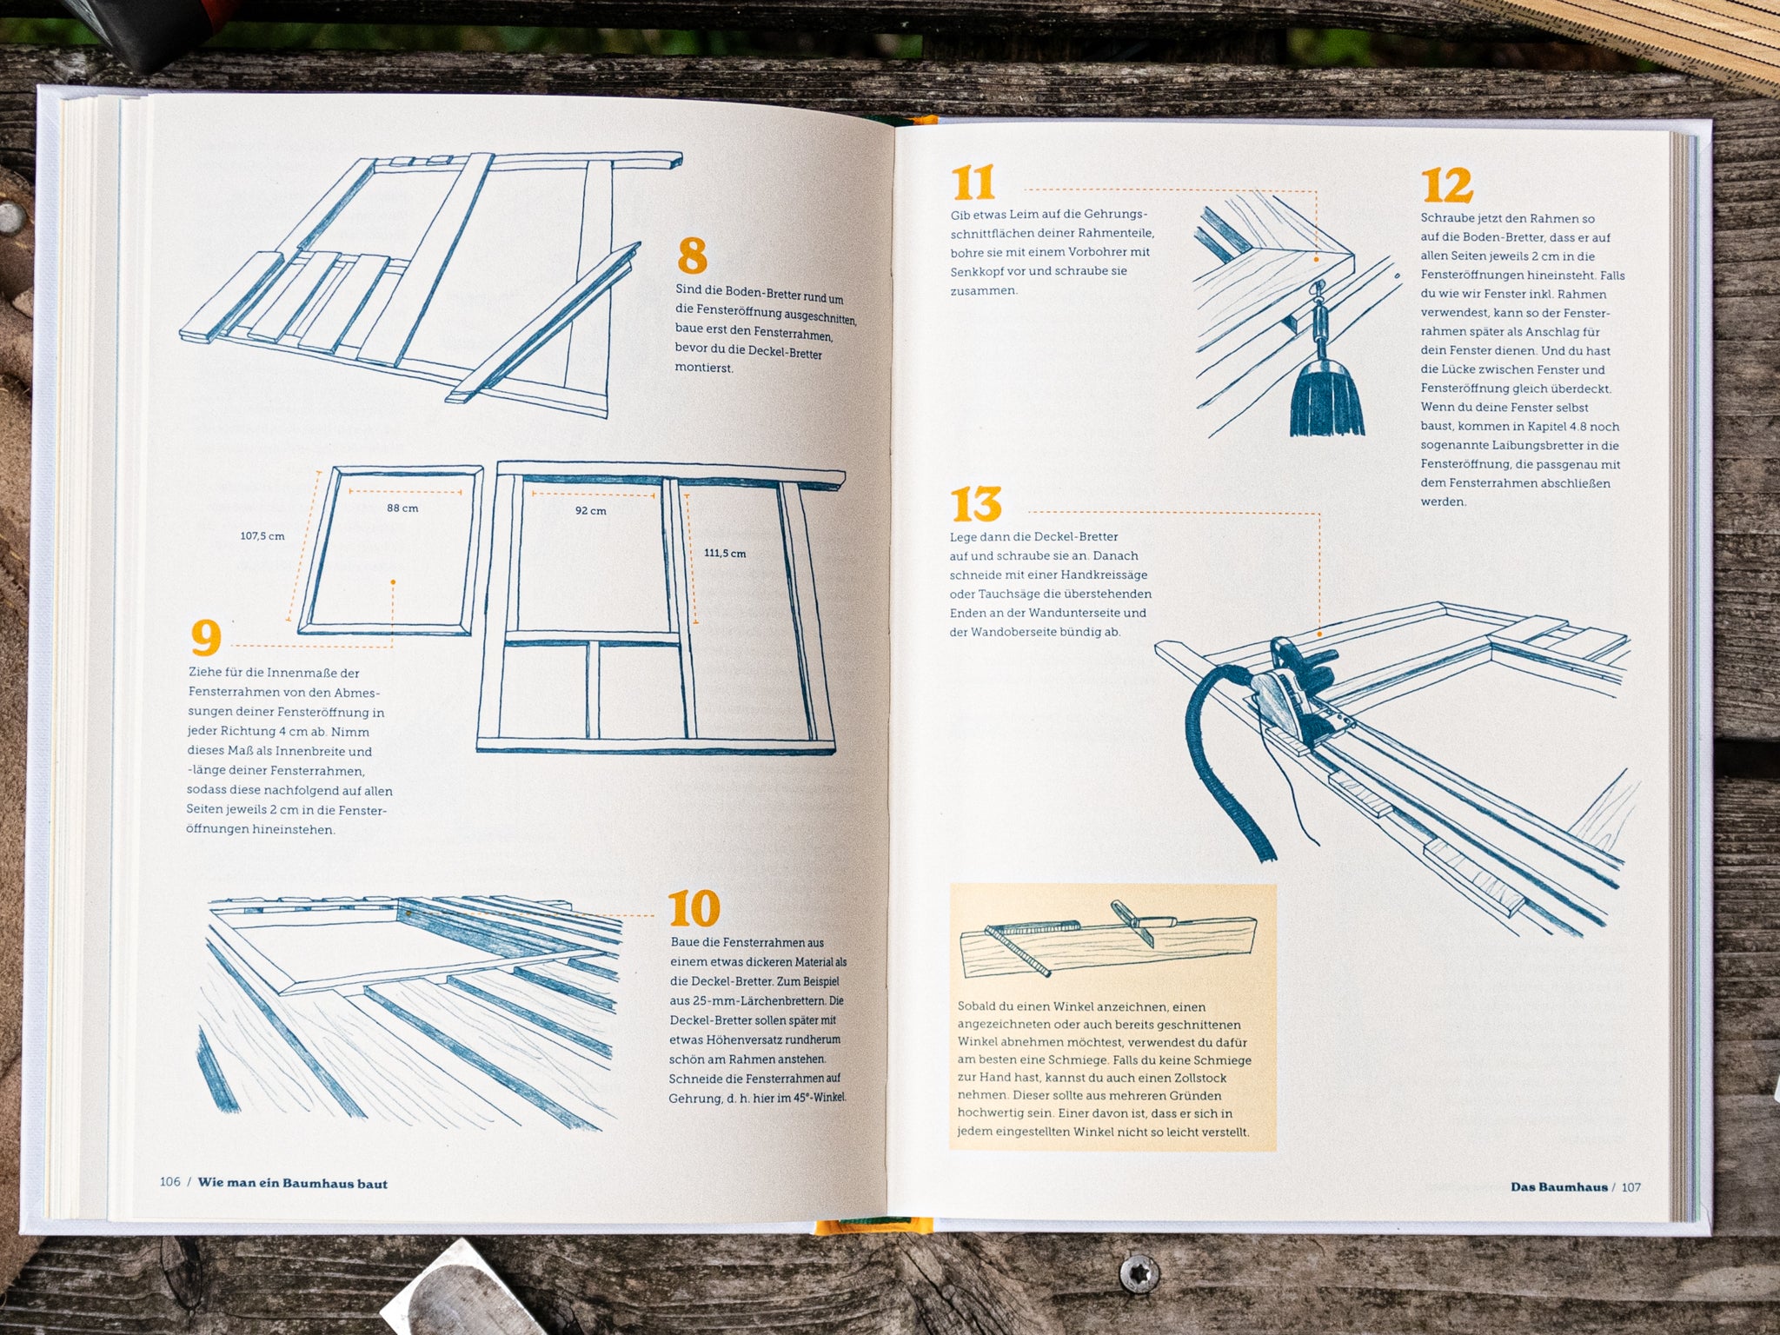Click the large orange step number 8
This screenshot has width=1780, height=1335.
[x=692, y=256]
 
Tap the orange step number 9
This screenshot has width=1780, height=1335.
[x=206, y=639]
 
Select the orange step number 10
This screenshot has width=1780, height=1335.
[x=694, y=908]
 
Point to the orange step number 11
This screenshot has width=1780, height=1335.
[x=973, y=183]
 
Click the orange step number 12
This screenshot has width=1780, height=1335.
[x=1447, y=186]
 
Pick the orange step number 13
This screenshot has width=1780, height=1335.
[x=976, y=504]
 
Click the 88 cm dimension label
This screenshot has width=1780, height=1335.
[x=402, y=508]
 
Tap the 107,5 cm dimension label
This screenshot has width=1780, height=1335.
[x=262, y=536]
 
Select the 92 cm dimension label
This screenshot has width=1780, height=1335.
[x=591, y=511]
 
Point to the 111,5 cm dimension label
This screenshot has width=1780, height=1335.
[x=725, y=554]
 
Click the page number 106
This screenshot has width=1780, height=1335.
[x=169, y=1182]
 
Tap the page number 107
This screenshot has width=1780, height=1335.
[x=1631, y=1187]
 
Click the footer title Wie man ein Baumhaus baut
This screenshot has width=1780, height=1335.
[x=293, y=1183]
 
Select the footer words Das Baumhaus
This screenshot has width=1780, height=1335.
[x=1559, y=1187]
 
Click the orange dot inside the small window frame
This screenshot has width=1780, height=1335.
[x=393, y=582]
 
